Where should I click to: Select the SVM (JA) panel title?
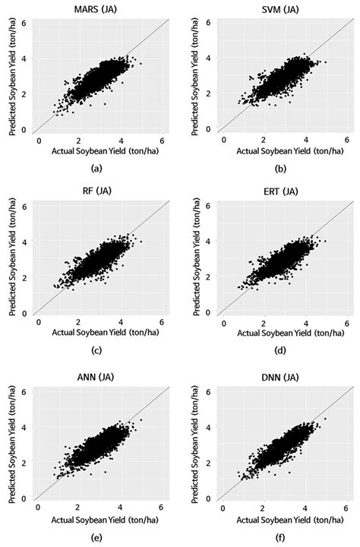point(283,8)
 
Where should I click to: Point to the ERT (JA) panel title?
point(283,194)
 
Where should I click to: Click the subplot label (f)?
point(283,536)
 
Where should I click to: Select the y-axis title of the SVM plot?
point(194,74)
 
